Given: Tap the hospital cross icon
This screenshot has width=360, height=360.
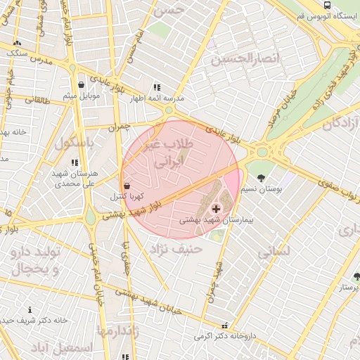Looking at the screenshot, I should tap(216, 208).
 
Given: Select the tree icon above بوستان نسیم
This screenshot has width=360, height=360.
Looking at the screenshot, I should tap(262, 176).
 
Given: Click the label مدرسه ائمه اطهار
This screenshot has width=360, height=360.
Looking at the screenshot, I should tap(156, 99).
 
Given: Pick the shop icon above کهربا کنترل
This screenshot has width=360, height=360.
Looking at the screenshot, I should tap(127, 186).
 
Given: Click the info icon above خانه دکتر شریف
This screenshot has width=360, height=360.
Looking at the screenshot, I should tap(30, 310).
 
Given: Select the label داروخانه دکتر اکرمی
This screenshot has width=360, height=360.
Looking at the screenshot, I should tap(225, 337).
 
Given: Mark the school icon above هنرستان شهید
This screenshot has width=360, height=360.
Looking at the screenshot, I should tap(75, 162).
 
